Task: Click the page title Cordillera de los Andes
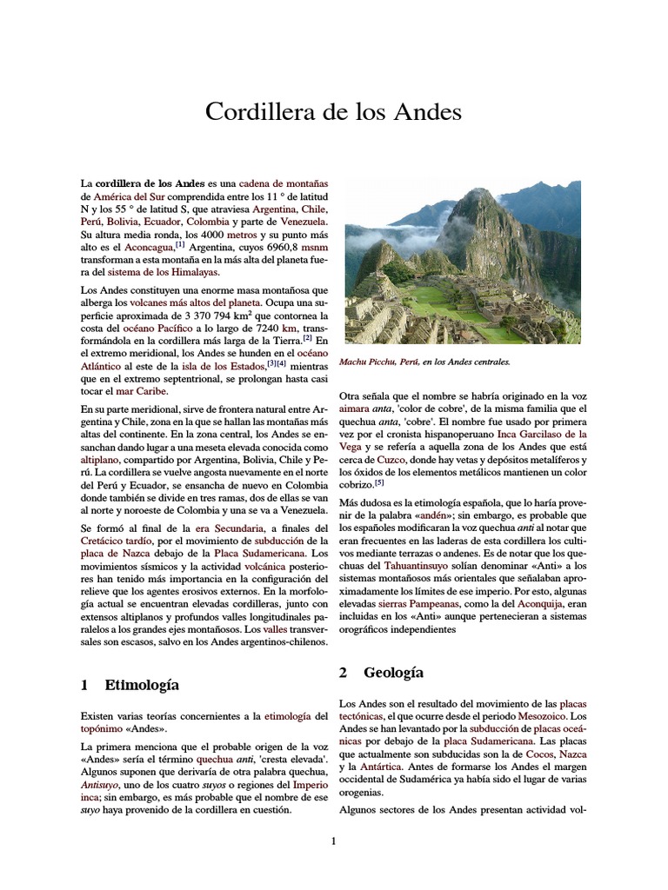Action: click(x=333, y=112)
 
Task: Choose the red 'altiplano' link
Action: click(x=104, y=455)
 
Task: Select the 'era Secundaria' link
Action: click(x=228, y=528)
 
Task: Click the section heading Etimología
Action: click(x=141, y=685)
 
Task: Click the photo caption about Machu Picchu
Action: click(x=427, y=361)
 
